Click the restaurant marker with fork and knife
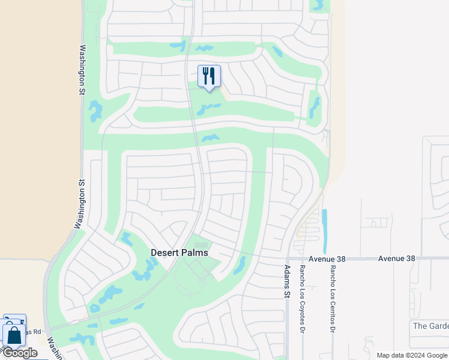209,77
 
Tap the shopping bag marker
14,335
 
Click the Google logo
19,353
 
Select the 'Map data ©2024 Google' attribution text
411,355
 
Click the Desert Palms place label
179,253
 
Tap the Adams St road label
287,281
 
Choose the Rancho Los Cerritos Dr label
331,298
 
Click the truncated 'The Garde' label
430,326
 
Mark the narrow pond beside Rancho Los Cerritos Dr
325,231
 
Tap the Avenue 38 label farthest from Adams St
396,259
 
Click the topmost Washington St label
82,70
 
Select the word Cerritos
331,304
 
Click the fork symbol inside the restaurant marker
205,75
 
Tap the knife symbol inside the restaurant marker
212,75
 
